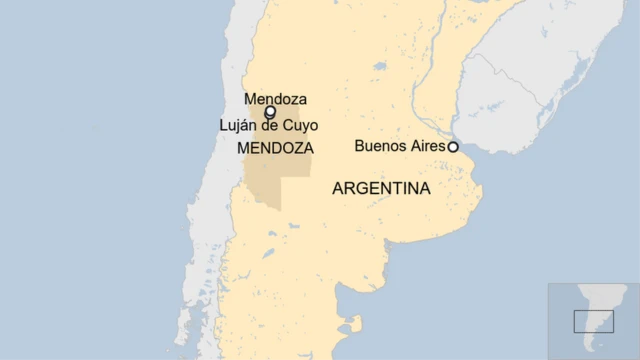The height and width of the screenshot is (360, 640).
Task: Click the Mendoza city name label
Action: pos(275,99)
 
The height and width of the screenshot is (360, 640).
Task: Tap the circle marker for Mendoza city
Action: pos(270,112)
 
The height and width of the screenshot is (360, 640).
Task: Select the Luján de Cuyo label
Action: pos(268,125)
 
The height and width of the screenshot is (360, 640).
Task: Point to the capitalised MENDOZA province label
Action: pos(275,148)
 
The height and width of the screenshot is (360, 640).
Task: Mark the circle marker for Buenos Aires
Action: pos(453,146)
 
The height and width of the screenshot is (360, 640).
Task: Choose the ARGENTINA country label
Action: pos(381,188)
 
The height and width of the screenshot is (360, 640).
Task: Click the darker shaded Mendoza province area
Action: pos(262,180)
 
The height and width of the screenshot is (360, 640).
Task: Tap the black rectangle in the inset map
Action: pos(593,321)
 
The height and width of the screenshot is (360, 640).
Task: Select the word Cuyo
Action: pos(297,125)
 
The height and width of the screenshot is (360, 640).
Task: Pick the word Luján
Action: pos(238,125)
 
